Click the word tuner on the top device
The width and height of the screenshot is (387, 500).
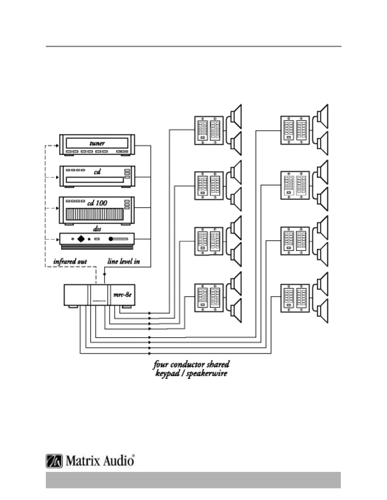[x=97, y=143]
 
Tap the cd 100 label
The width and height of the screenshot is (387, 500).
[x=97, y=203]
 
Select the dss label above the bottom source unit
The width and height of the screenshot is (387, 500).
[x=97, y=229]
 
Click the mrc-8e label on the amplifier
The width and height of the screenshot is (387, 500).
[x=122, y=295]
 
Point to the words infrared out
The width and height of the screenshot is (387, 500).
[x=70, y=261]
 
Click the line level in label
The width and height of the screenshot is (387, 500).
[x=124, y=261]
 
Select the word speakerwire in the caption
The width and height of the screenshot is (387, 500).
[x=207, y=374]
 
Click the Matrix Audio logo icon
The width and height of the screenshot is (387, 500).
[x=54, y=461]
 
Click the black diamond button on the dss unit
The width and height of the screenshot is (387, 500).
[x=81, y=239]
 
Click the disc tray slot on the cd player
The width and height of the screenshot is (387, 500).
[x=94, y=180]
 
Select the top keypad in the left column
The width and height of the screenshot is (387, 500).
[x=209, y=130]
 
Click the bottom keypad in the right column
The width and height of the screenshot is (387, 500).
[x=295, y=298]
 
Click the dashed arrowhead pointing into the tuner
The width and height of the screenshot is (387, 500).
[x=57, y=146]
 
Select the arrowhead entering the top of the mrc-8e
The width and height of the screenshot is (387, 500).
[x=105, y=274]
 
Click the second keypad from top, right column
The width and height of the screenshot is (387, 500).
[x=295, y=186]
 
